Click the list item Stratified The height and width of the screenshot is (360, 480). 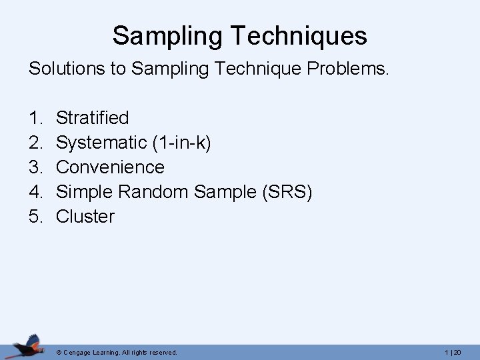(x=93, y=118)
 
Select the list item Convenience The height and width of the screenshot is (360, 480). (x=110, y=167)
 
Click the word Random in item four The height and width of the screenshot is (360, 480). (x=155, y=191)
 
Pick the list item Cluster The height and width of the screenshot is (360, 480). (x=85, y=216)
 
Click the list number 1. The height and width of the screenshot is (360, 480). (x=35, y=118)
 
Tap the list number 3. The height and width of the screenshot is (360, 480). (x=35, y=167)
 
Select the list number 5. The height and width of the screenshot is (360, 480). (x=35, y=216)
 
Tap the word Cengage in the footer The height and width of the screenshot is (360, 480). (x=80, y=352)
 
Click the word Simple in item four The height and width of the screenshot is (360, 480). (x=83, y=191)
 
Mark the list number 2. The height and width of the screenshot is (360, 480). (x=35, y=143)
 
